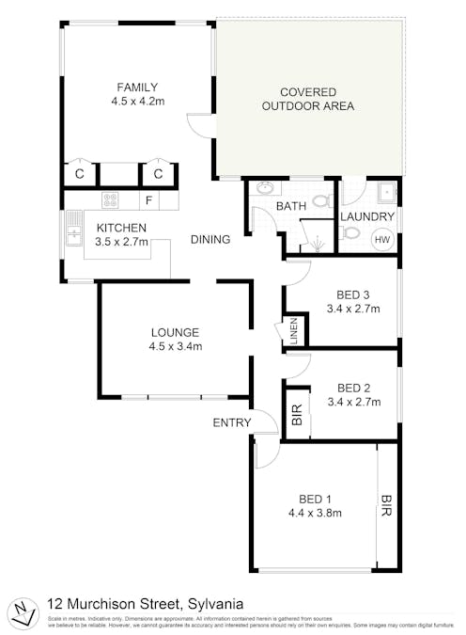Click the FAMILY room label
[137, 87]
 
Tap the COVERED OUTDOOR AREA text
[308, 99]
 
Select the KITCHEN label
[121, 228]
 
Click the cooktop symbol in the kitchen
[110, 199]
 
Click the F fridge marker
[148, 200]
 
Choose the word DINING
[210, 240]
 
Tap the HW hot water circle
[382, 240]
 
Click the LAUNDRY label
[365, 216]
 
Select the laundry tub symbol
[385, 193]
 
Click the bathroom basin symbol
[264, 187]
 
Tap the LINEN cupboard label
[293, 331]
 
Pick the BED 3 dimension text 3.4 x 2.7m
[353, 308]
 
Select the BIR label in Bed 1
[386, 507]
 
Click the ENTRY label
[232, 422]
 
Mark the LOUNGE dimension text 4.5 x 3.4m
[176, 345]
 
